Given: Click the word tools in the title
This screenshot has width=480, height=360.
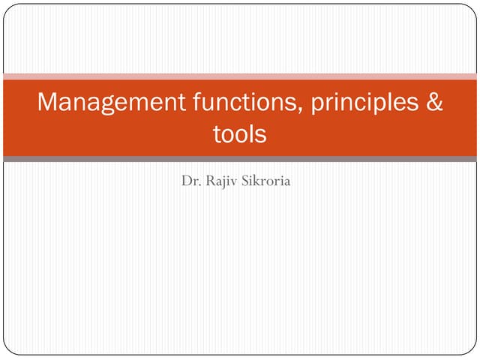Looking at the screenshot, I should pyautogui.click(x=240, y=135).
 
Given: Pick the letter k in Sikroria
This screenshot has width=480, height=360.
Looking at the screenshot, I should pyautogui.click(x=262, y=181).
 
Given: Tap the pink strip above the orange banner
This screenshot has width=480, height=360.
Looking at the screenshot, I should pyautogui.click(x=240, y=76).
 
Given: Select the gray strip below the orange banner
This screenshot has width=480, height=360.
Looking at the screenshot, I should pyautogui.click(x=240, y=159).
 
